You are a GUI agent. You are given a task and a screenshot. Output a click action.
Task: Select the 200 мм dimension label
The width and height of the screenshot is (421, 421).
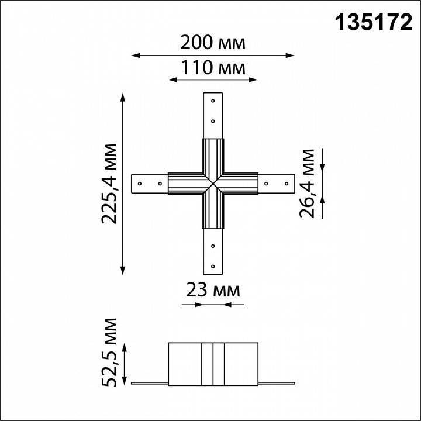212,43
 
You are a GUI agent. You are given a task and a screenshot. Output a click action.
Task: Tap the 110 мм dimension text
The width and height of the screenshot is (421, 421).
212,67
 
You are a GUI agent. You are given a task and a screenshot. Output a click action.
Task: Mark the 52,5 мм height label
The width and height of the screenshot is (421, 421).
109,353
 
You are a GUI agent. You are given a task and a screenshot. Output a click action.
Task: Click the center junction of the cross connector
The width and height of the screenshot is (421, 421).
213,184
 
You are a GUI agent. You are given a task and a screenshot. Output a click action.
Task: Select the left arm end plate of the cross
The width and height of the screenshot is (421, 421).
150,184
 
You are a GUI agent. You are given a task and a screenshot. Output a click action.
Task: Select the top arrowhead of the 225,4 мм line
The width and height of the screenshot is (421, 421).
123,95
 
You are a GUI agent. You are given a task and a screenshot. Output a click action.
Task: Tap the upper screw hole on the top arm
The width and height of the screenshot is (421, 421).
213,101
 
